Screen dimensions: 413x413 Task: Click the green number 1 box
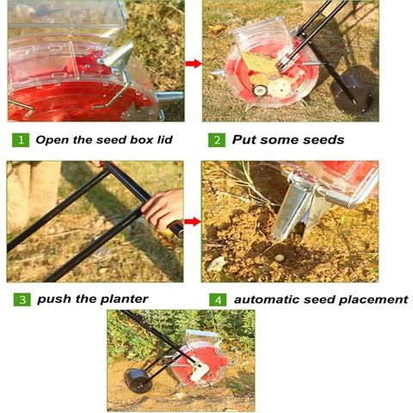tap(21, 140)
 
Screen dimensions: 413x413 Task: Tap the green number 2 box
tap(217, 140)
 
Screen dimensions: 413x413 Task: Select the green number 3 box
tap(22, 299)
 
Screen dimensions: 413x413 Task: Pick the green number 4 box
tap(218, 299)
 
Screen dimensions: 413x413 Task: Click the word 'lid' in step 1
tap(164, 139)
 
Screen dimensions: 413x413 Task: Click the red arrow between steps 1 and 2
tap(194, 64)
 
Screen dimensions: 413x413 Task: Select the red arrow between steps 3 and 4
tap(193, 221)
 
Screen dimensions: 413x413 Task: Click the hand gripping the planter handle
tap(163, 208)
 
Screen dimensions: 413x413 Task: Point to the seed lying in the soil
tap(279, 258)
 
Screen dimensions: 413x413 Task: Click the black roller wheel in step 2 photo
tap(352, 93)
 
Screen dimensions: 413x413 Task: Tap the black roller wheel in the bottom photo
tap(138, 380)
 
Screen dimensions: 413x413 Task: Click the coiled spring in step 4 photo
tap(339, 198)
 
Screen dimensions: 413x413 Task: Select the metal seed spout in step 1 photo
tap(118, 55)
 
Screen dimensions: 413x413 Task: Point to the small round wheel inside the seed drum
tap(260, 90)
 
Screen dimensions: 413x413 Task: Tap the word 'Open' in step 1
tap(52, 140)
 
